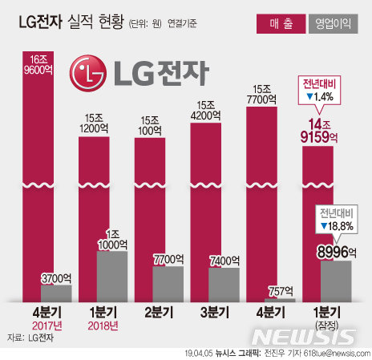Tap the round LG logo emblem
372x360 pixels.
point(88,75)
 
